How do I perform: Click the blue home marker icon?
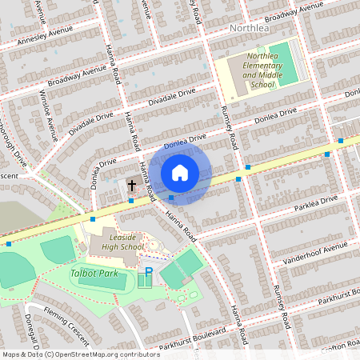tap(180, 171)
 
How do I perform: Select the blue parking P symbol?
tap(148, 273)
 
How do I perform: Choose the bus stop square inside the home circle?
tap(171, 198)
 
